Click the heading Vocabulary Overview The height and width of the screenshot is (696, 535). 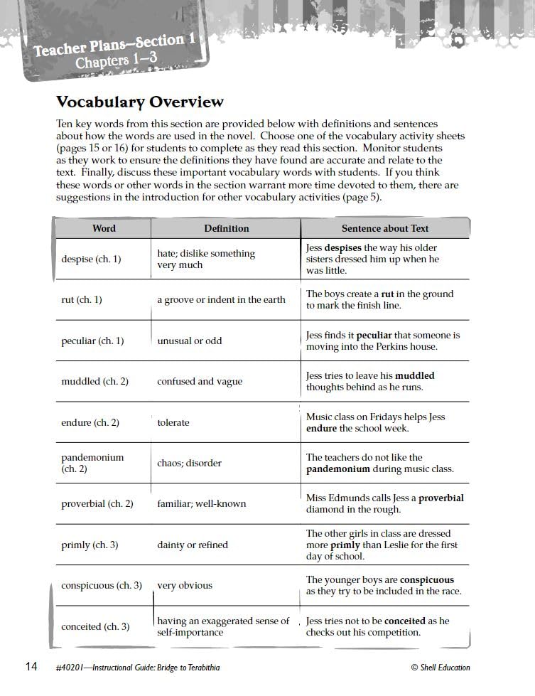tap(139, 102)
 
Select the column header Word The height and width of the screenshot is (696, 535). tap(104, 228)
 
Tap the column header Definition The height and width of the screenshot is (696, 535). tap(226, 228)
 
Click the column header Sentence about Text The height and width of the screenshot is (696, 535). tap(384, 228)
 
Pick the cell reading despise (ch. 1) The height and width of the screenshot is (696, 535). tap(91, 259)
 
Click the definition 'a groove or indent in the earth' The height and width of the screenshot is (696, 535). tap(221, 300)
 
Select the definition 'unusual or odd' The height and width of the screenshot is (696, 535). tap(189, 341)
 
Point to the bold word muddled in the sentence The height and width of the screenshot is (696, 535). tap(414, 376)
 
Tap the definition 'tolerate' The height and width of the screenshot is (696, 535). tap(173, 423)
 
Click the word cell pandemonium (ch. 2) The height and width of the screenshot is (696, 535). tap(92, 464)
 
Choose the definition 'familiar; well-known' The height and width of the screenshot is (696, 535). tap(201, 504)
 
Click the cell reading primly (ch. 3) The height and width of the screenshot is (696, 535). tap(90, 545)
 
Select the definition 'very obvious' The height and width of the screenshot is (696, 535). tap(185, 586)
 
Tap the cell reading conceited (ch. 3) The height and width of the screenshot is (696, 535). tap(95, 627)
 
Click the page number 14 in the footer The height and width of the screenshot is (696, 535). tap(31, 667)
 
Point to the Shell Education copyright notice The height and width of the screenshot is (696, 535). tap(440, 668)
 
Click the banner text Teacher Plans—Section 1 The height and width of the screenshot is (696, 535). tap(114, 45)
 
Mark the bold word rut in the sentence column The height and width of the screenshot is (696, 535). tap(387, 294)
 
